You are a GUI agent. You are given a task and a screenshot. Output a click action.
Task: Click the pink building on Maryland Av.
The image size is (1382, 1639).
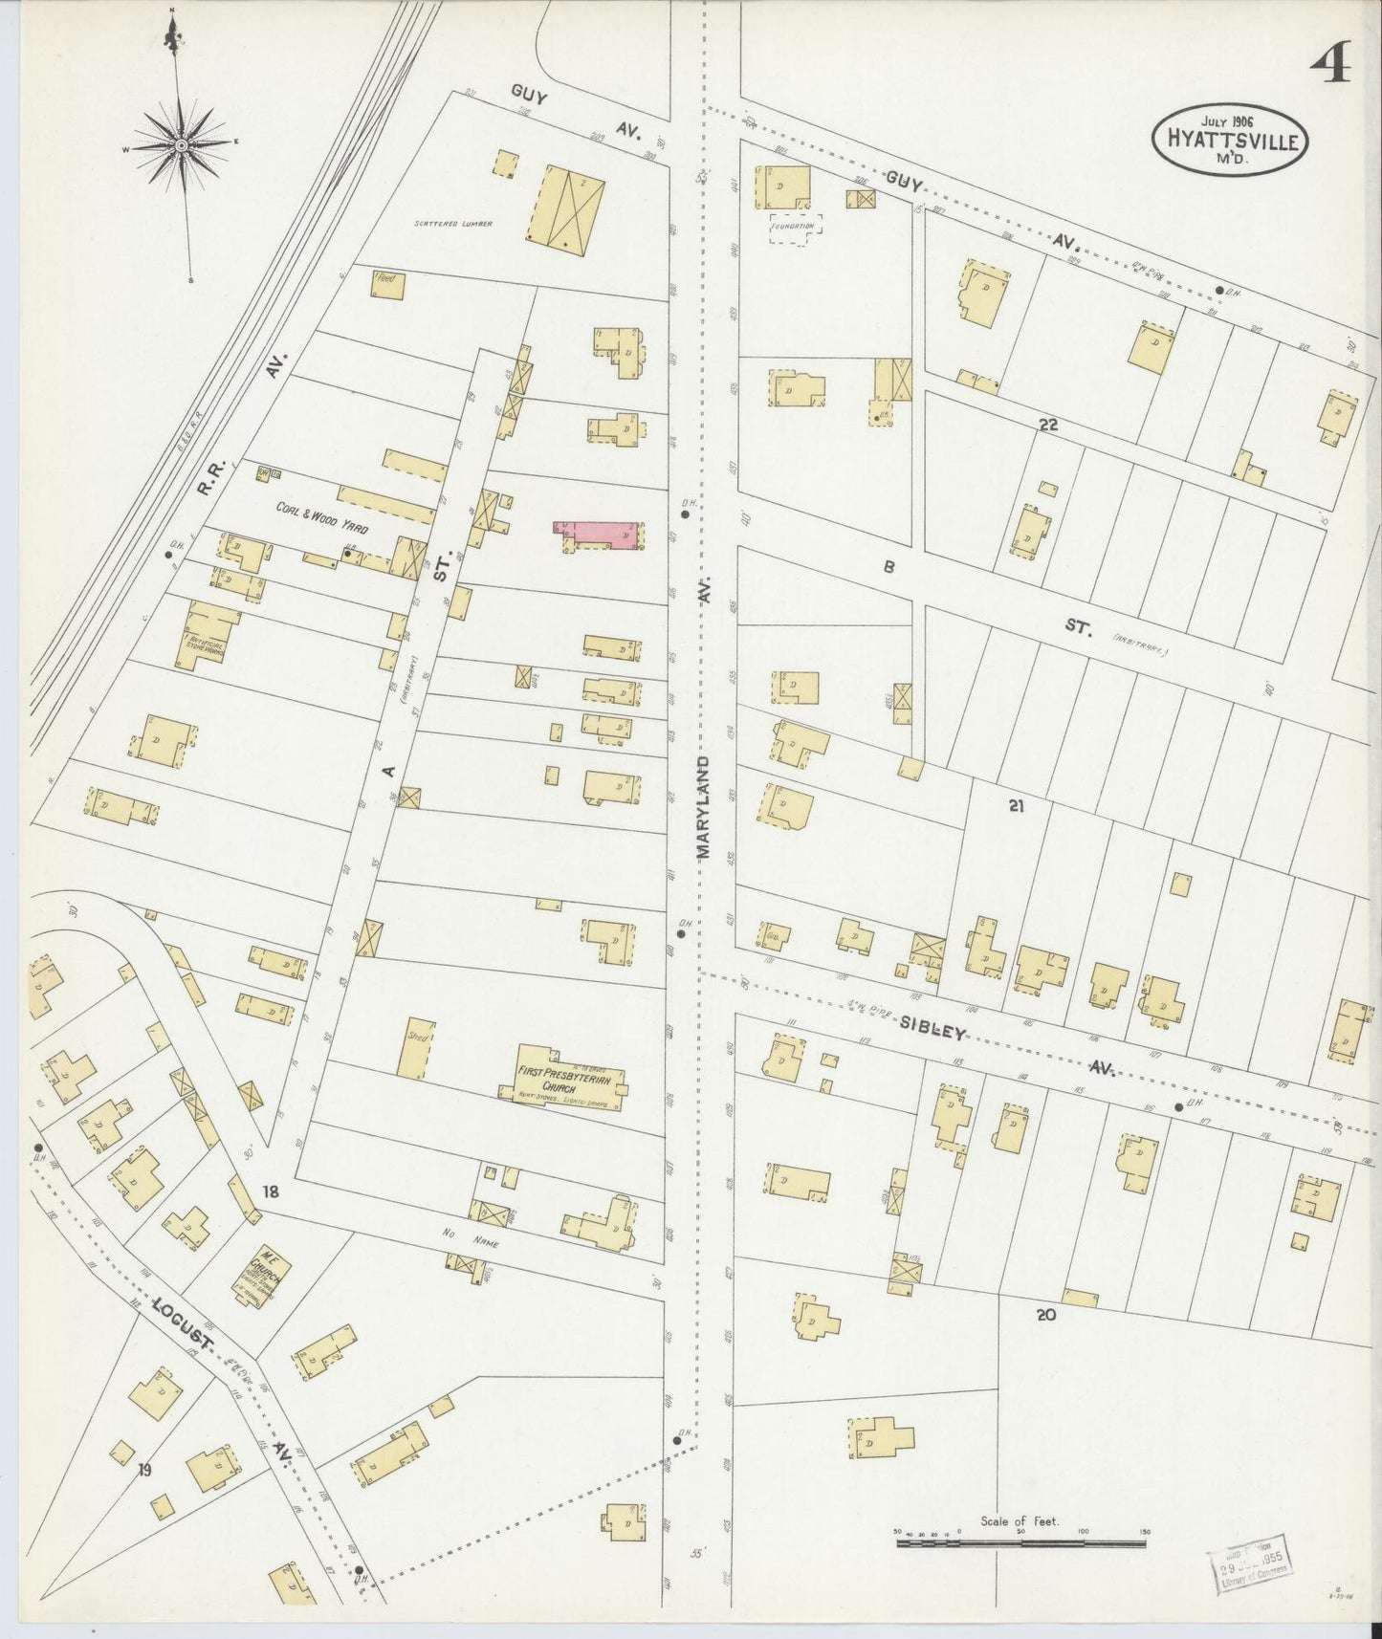click(x=599, y=534)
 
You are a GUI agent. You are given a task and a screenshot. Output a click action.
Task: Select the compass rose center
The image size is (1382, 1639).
click(x=181, y=145)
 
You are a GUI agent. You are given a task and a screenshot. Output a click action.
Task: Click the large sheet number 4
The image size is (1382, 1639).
click(x=1331, y=66)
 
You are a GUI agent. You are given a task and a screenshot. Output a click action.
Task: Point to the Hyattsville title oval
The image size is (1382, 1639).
click(x=1231, y=139)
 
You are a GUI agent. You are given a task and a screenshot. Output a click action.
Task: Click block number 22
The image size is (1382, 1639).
click(x=1048, y=426)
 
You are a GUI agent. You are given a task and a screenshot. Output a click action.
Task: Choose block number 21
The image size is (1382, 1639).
click(x=1015, y=806)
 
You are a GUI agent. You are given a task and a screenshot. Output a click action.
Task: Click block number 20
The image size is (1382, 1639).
click(x=1045, y=1314)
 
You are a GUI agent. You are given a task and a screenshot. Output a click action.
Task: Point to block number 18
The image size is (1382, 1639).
click(x=272, y=1191)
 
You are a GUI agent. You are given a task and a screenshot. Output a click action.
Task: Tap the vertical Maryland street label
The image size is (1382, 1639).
click(x=706, y=805)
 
